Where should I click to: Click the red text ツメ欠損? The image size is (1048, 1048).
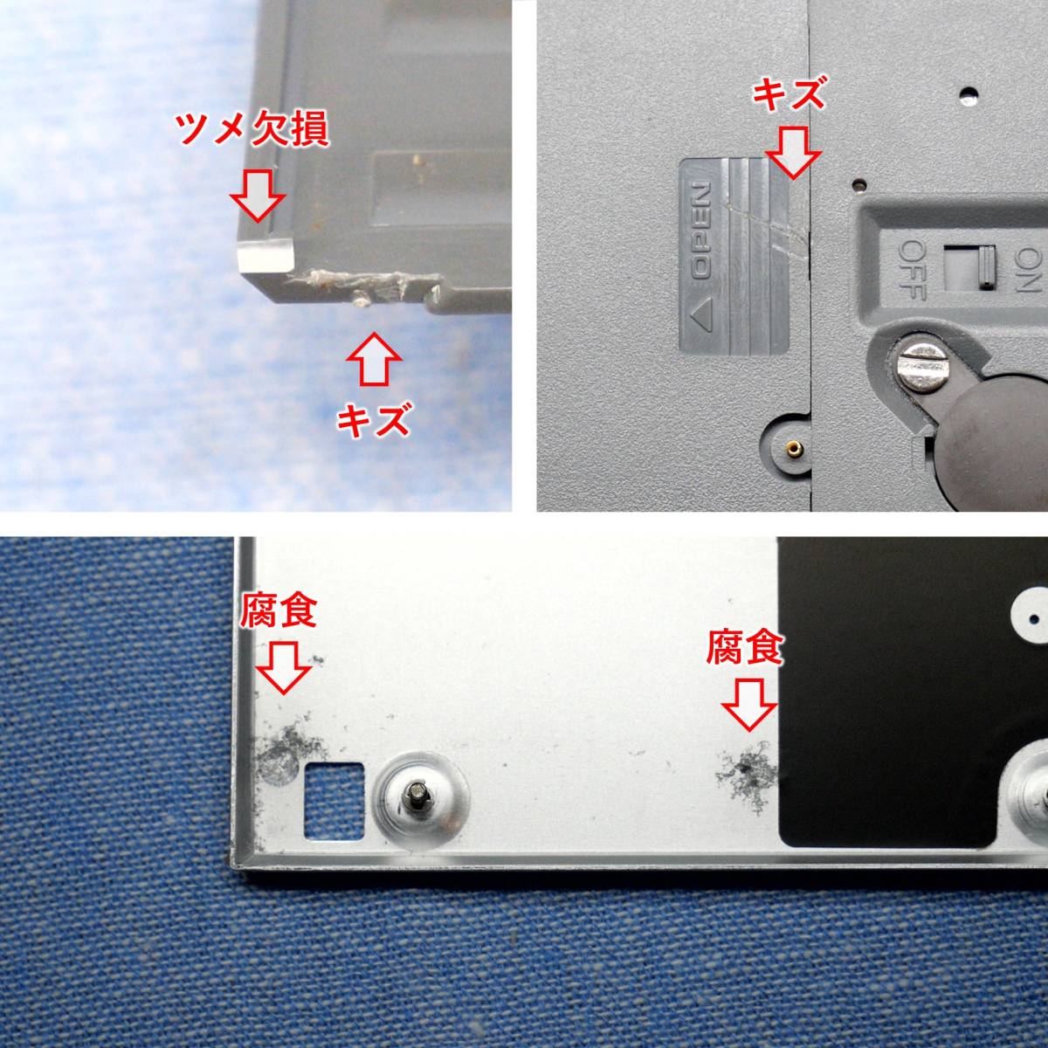(x=252, y=130)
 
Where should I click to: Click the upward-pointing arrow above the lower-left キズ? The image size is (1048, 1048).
(x=374, y=359)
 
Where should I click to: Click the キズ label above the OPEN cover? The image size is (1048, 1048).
(x=789, y=94)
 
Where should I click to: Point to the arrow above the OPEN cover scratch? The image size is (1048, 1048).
(x=792, y=153)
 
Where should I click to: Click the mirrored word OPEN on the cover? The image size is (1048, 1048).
(x=701, y=231)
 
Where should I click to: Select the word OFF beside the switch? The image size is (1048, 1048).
(x=912, y=270)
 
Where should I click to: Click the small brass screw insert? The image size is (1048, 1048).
(x=794, y=448)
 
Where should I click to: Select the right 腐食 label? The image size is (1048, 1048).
(x=745, y=647)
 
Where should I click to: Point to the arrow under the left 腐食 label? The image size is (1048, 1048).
(x=283, y=667)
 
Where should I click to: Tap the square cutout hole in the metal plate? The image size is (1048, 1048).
(x=334, y=792)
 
